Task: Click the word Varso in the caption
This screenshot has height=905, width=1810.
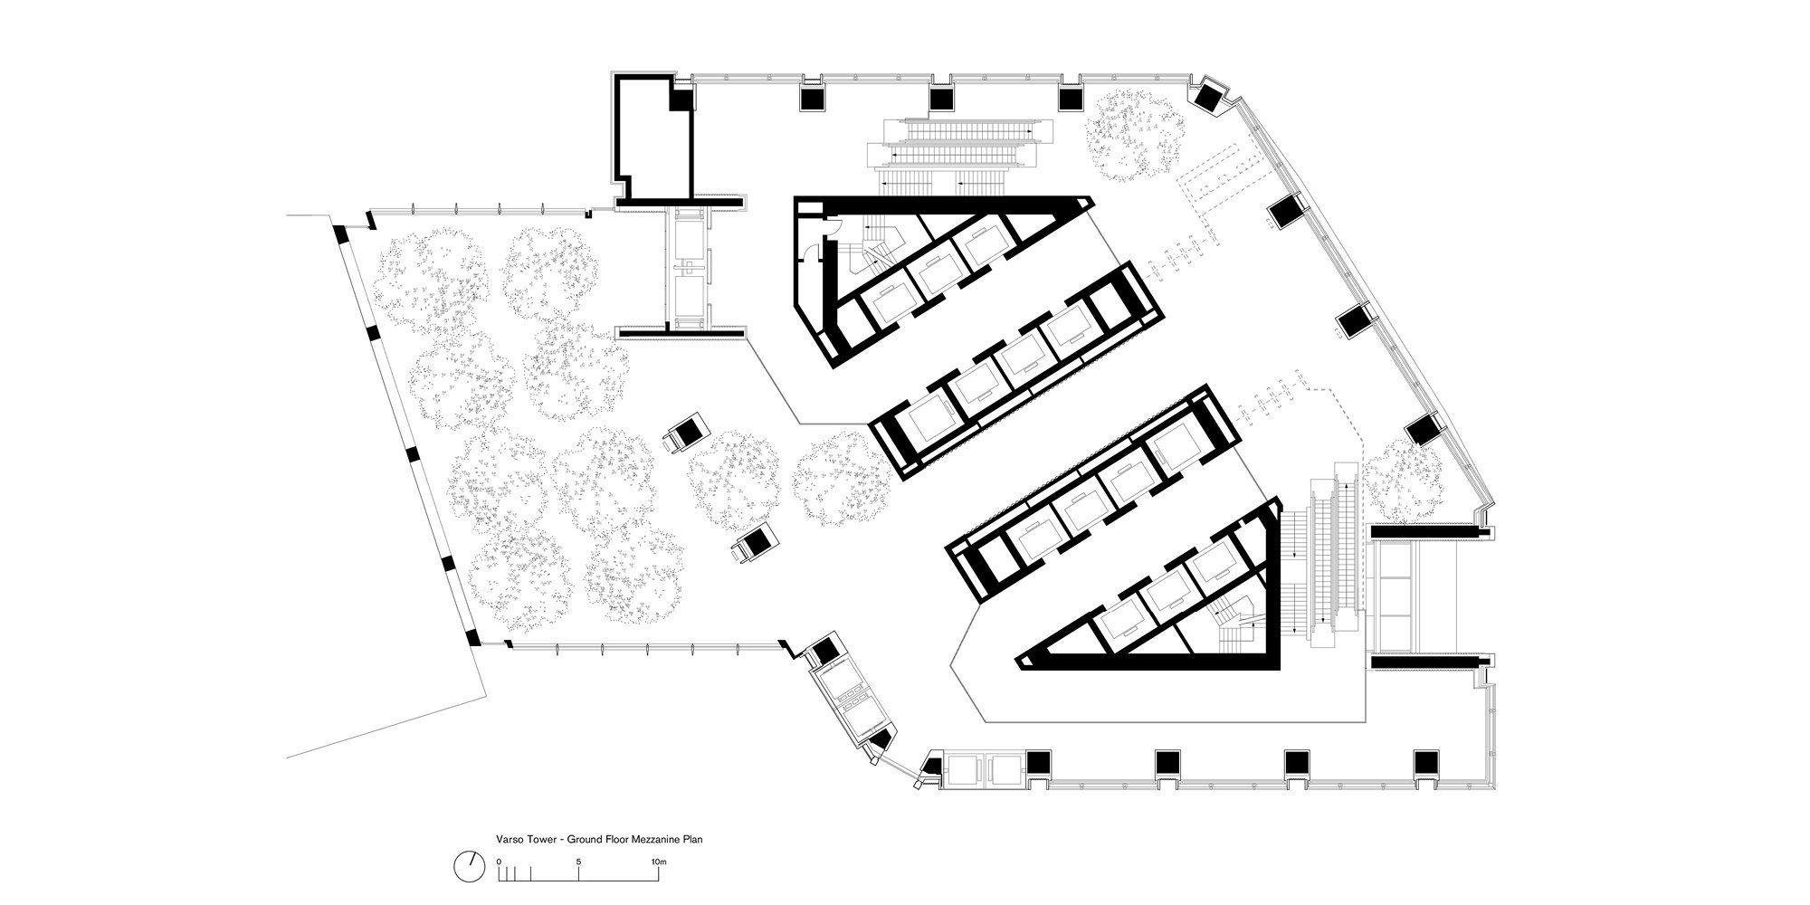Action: (509, 839)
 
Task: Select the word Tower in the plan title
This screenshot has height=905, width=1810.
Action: (537, 839)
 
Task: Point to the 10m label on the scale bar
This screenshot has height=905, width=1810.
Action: (659, 862)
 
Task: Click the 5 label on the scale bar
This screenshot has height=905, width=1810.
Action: (578, 862)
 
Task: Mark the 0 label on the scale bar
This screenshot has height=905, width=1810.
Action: (499, 862)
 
